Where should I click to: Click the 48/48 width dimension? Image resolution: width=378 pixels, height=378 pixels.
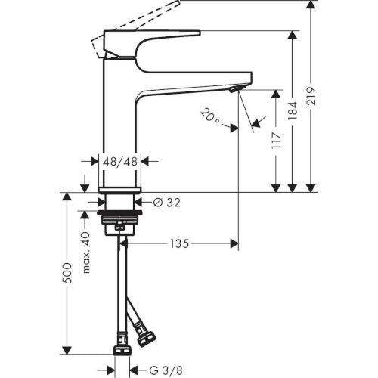point(120,161)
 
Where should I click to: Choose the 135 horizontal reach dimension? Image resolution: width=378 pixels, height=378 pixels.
point(178,243)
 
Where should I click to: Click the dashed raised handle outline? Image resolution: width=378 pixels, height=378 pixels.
point(136,15)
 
